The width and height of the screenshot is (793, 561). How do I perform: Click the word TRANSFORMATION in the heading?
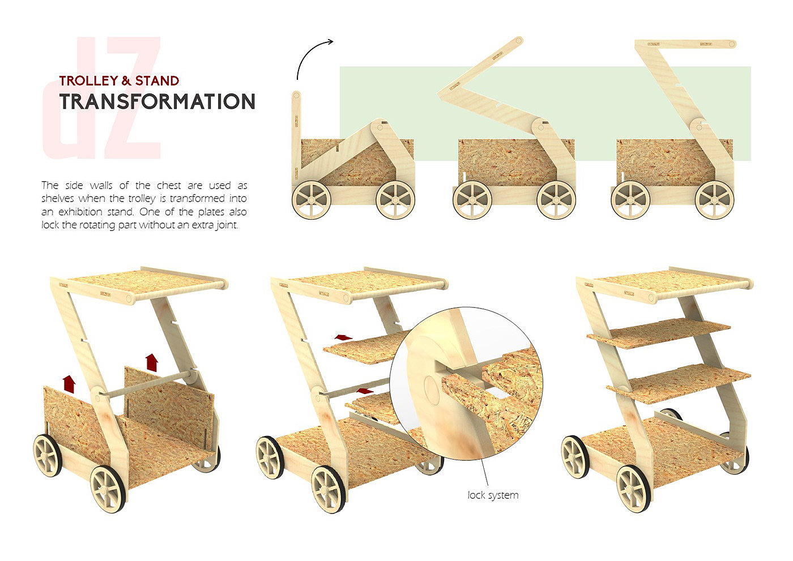tap(157, 102)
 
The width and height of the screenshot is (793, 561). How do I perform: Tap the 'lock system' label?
tap(493, 495)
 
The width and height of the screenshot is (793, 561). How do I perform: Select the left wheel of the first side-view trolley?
tap(312, 200)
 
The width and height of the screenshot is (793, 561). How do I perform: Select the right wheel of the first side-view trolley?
tap(395, 200)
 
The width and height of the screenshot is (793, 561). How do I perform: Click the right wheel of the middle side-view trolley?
tap(556, 200)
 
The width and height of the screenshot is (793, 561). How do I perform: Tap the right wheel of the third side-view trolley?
tap(715, 200)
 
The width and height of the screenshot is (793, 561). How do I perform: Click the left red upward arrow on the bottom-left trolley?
tap(69, 383)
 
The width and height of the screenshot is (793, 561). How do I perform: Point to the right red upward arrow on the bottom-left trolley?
tap(151, 362)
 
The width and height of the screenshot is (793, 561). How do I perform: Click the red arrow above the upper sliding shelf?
tap(343, 337)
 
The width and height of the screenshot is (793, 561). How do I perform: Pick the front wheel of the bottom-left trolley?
tap(108, 488)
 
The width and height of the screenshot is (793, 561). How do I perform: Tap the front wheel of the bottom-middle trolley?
tap(329, 488)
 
